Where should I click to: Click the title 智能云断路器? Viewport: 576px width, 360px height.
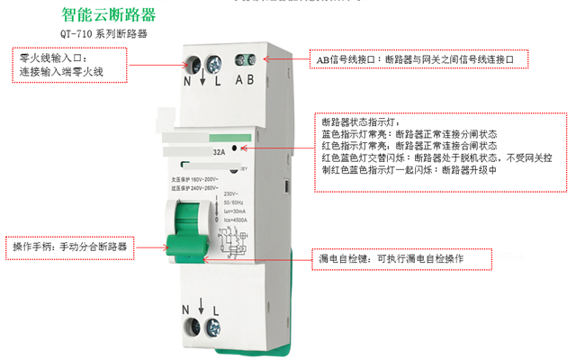point(109,16)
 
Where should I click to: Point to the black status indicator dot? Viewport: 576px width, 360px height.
point(234,148)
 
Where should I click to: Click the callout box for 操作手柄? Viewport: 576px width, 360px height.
point(72,246)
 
